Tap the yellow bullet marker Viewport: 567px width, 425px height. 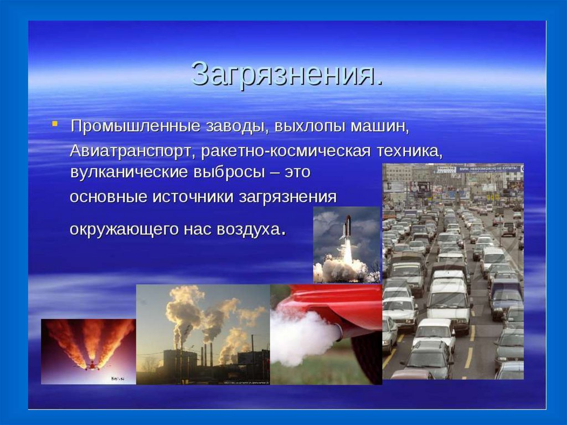tap(55, 124)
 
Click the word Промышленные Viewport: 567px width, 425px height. tap(135, 126)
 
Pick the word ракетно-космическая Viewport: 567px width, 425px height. tap(286, 151)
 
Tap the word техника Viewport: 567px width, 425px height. tap(410, 151)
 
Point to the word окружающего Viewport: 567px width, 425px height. tap(123, 230)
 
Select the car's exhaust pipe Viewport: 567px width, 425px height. tap(338, 330)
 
